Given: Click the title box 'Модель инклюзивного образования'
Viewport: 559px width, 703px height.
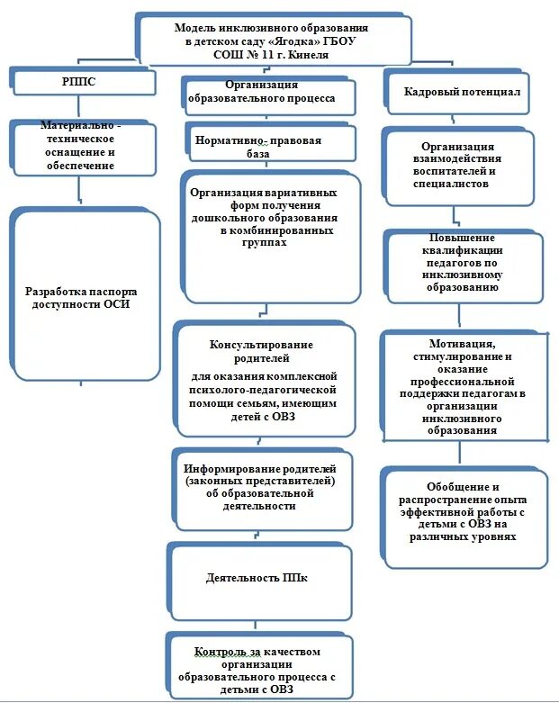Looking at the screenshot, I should [x=274, y=41].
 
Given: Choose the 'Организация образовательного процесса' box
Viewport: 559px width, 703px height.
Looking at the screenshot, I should [x=267, y=93].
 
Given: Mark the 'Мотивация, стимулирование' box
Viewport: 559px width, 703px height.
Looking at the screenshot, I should [x=463, y=387].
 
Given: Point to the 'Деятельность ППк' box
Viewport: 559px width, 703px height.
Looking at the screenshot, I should [x=257, y=578].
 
